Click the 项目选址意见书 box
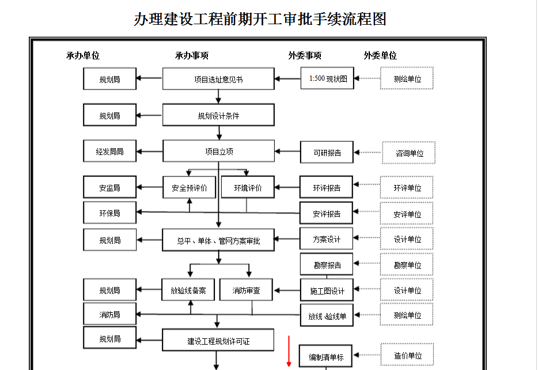tap(218, 79)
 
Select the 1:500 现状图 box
tap(327, 78)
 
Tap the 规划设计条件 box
tap(218, 115)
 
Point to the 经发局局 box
tap(109, 152)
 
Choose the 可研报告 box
tap(327, 153)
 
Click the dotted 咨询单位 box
tap(409, 153)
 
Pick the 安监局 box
tap(109, 188)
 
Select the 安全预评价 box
tap(189, 188)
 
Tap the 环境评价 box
tap(248, 188)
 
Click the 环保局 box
tap(109, 213)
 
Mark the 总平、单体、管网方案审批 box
tap(218, 241)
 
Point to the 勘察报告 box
tap(327, 265)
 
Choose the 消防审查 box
tap(246, 290)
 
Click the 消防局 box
tap(109, 315)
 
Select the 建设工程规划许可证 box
tap(218, 341)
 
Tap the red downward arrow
tap(289, 352)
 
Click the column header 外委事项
tap(305, 56)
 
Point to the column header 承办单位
tap(83, 56)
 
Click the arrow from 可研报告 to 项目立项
tap(287, 152)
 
